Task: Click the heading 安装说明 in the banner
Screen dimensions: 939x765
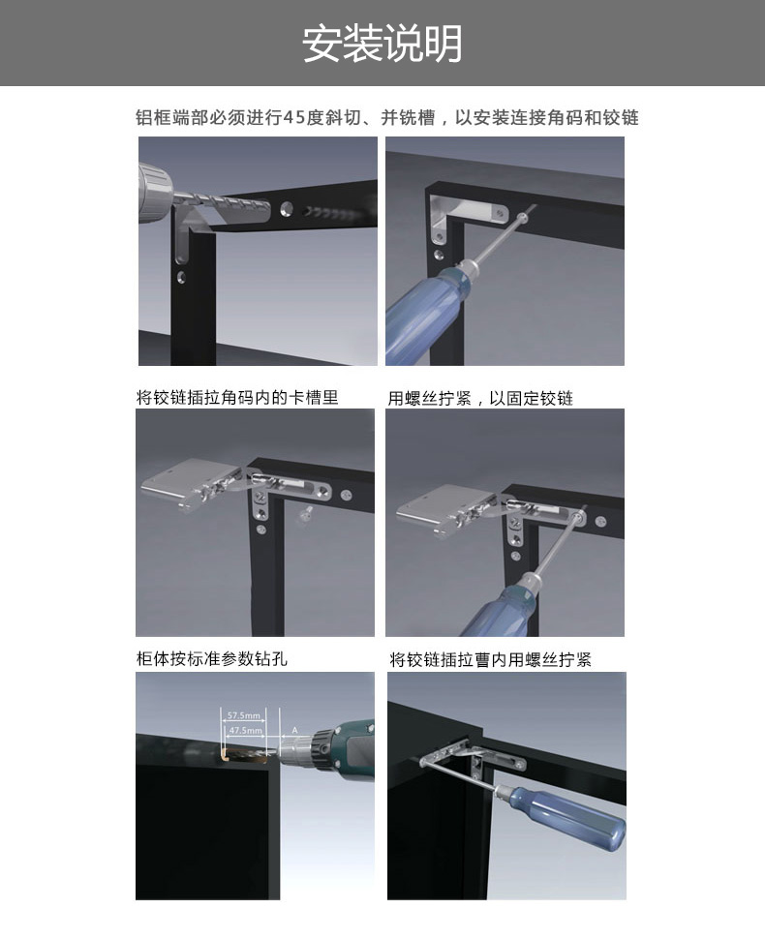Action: point(382,44)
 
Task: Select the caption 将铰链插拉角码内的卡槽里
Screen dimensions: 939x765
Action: point(237,397)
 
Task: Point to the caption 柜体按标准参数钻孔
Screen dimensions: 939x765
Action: point(211,659)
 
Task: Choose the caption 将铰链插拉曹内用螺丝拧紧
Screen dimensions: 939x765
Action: point(490,660)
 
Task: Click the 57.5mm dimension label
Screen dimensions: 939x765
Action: point(237,716)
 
